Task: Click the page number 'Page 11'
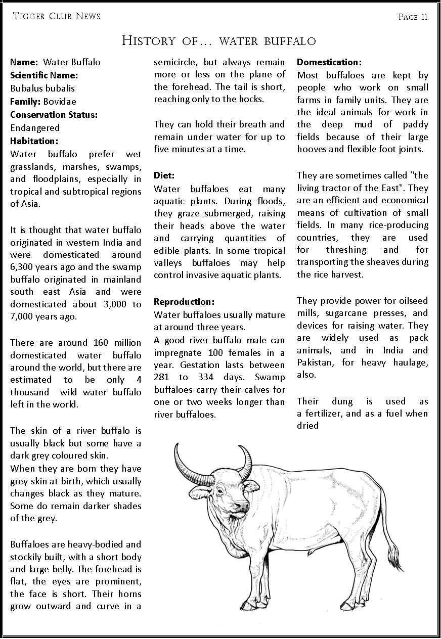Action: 413,17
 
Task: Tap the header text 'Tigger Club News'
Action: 57,16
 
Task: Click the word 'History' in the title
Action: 148,41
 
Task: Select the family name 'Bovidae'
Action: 60,101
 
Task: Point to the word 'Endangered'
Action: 35,128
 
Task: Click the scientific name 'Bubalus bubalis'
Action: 42,88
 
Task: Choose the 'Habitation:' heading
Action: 34,141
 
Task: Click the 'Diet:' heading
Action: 164,175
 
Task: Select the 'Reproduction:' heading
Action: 184,302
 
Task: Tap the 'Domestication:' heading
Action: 329,62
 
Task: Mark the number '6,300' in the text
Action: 23,267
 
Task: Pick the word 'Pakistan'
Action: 315,362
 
